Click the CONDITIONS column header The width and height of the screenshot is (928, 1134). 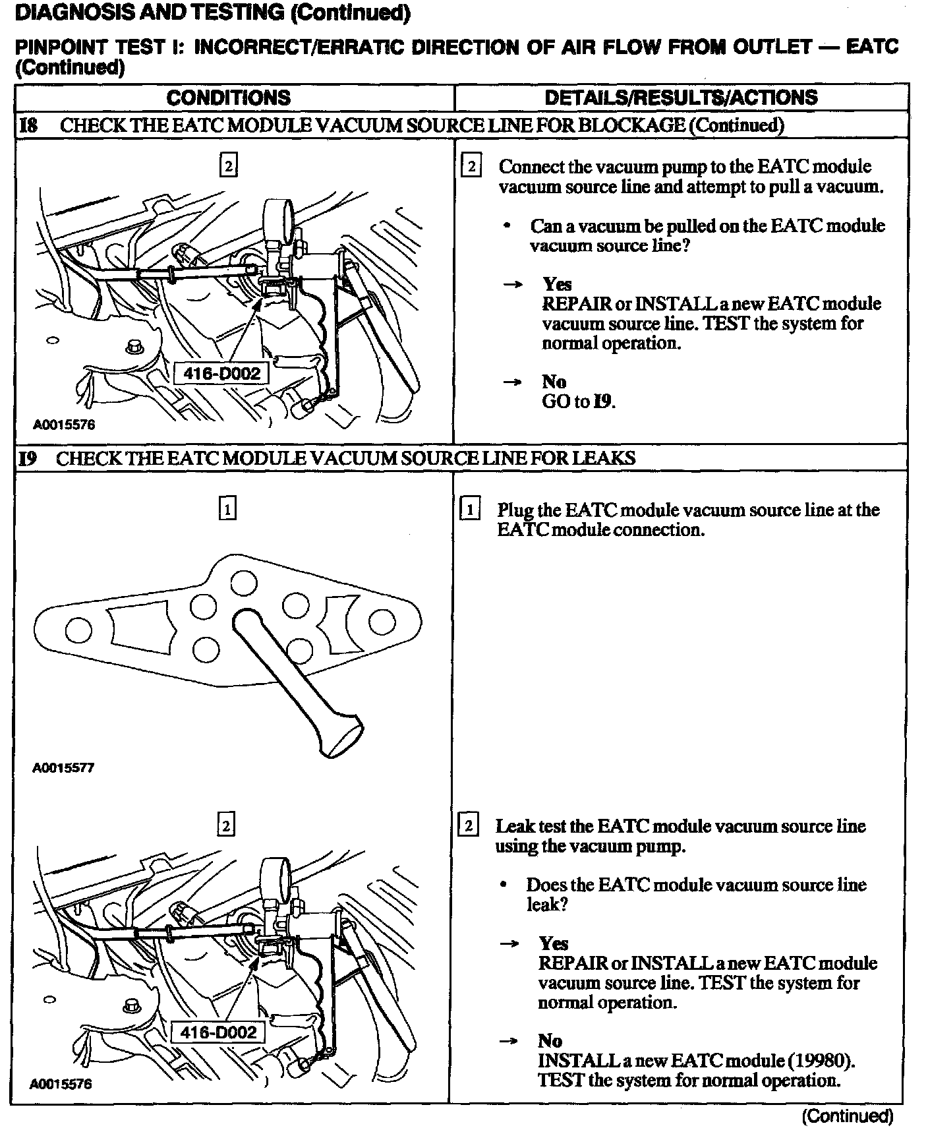coord(228,98)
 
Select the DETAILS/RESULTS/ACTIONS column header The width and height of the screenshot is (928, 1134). coord(681,98)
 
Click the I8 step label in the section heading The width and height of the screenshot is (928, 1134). coord(28,125)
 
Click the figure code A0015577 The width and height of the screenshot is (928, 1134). coord(64,768)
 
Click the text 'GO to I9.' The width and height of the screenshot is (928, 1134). coord(578,402)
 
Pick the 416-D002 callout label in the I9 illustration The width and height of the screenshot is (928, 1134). coord(218,1032)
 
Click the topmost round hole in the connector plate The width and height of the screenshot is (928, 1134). coord(243,582)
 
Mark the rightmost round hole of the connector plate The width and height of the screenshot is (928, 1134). coord(382,621)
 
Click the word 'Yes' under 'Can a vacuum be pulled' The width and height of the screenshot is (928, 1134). coord(557,284)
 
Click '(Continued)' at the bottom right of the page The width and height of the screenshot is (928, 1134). coord(846,1116)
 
